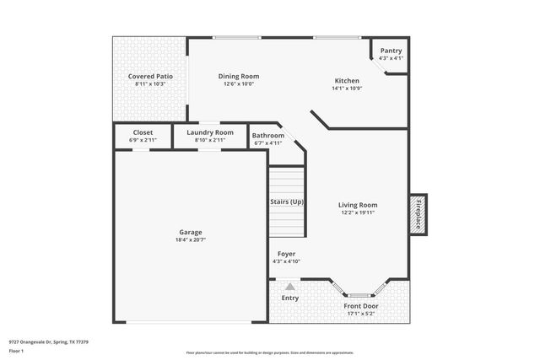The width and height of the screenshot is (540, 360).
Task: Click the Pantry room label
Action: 391,51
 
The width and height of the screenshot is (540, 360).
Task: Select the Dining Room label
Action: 239,76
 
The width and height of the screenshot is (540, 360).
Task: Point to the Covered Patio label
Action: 150,76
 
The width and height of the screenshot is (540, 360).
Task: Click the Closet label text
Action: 143,132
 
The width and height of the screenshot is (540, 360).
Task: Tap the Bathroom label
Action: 267,136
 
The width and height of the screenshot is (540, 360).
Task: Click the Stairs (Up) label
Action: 286,202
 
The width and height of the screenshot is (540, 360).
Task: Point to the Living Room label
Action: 358,205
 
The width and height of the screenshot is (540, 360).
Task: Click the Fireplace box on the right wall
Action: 417,212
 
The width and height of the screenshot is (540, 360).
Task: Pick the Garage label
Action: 190,232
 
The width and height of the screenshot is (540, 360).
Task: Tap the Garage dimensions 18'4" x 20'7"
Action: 190,240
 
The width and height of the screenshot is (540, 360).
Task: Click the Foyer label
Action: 286,254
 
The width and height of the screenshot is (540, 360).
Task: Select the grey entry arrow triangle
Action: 289,287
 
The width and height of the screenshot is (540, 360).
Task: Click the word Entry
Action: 289,298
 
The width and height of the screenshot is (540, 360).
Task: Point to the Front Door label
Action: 361,306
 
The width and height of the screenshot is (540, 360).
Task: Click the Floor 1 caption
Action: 16,351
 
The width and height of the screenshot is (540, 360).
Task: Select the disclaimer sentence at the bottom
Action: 269,352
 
